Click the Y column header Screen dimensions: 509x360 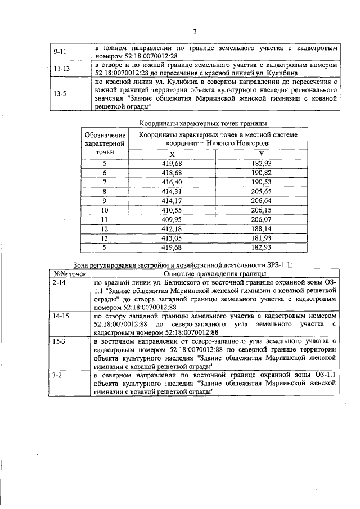pos(261,154)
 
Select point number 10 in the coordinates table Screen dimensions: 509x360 pos(104,210)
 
